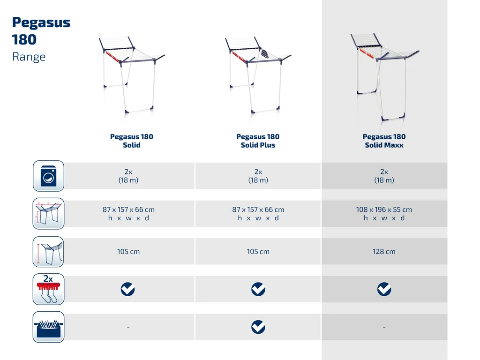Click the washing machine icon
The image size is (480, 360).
48,176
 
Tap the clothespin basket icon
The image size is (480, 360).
48,327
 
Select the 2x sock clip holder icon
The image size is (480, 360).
48,289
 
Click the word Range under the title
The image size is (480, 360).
29,57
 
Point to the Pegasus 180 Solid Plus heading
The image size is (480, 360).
258,141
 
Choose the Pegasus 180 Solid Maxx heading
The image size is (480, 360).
384,141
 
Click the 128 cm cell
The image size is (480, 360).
384,252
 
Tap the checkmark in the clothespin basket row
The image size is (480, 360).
258,327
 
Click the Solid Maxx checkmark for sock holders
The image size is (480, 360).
384,289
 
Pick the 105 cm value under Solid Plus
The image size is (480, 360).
258,252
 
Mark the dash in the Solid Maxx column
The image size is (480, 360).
384,328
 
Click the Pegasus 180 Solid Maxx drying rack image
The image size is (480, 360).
384,76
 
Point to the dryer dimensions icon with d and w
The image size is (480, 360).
48,214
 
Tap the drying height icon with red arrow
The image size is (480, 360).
48,252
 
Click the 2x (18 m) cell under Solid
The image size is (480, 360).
128,176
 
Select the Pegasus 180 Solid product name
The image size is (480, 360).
132,141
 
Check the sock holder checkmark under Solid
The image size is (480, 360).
127,289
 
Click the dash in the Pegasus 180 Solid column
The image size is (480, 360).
128,328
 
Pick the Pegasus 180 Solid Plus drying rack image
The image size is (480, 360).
258,75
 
